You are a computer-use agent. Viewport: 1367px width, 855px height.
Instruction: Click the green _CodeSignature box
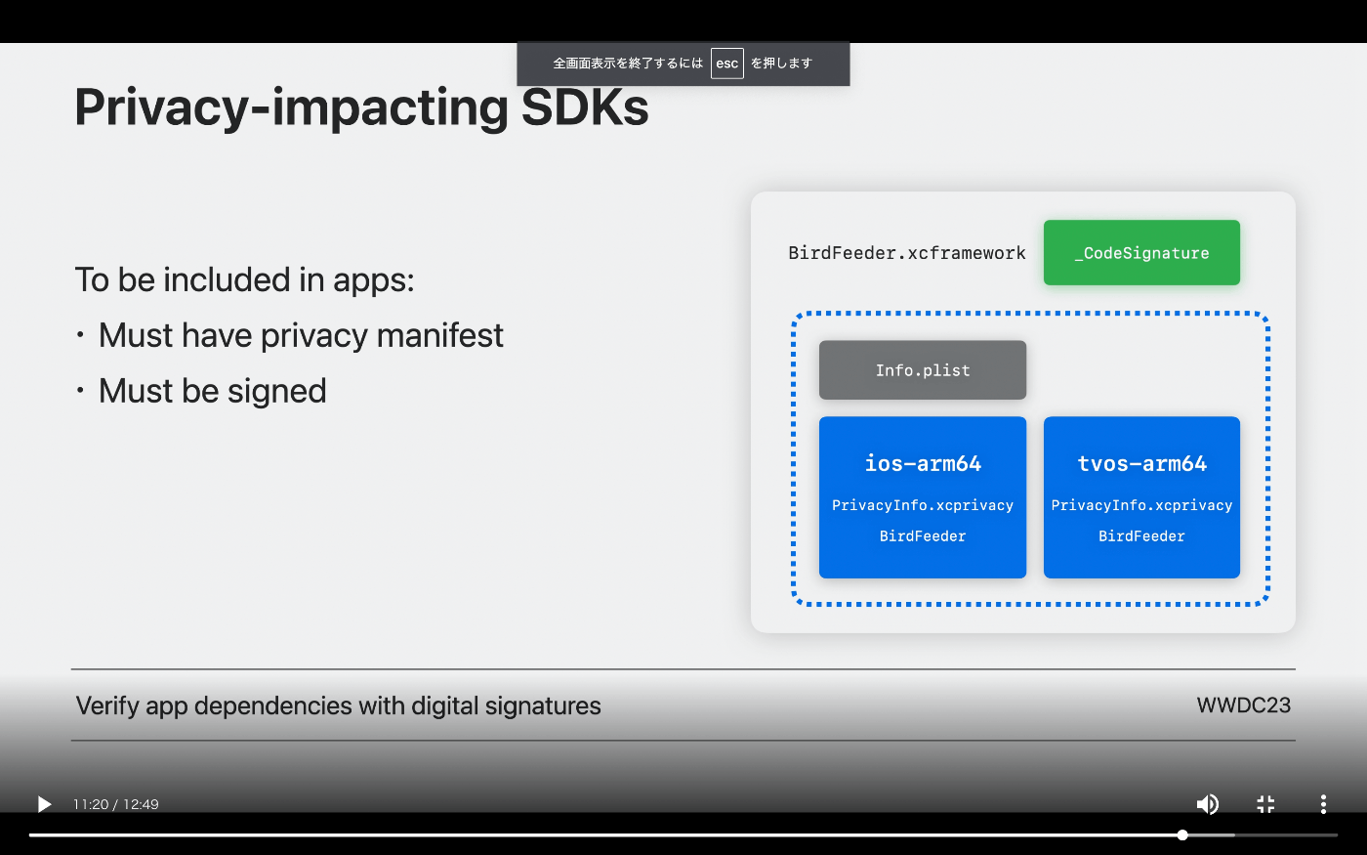coord(1141,252)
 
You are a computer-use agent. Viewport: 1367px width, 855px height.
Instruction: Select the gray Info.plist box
coord(922,370)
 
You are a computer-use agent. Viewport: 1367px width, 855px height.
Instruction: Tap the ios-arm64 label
coord(923,463)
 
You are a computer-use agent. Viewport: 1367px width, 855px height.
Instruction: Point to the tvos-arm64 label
coord(1141,463)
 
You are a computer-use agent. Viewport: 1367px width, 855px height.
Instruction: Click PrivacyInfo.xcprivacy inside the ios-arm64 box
coord(922,505)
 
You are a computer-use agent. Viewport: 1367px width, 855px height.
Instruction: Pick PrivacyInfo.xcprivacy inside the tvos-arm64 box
coord(1141,505)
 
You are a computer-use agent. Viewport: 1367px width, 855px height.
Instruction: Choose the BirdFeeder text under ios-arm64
coord(922,536)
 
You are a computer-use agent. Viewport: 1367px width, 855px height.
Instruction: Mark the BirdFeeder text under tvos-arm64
coord(1141,536)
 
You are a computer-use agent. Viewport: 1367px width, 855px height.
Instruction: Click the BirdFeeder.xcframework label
coord(907,253)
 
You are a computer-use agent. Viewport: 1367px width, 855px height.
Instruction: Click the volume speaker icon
coord(1207,804)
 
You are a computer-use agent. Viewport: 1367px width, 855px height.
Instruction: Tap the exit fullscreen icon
coord(1265,804)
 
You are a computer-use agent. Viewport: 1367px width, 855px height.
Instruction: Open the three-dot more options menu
coord(1323,804)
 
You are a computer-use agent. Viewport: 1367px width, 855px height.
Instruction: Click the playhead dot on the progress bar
coord(1182,834)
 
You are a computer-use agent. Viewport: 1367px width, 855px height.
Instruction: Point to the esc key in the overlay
coord(726,64)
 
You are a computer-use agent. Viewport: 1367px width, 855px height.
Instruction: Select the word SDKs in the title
coord(585,107)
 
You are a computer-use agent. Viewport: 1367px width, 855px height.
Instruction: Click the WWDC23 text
coord(1244,705)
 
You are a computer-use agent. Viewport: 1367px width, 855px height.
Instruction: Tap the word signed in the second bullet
coord(277,392)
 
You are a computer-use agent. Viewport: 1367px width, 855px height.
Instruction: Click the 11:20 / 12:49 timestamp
coord(116,804)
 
